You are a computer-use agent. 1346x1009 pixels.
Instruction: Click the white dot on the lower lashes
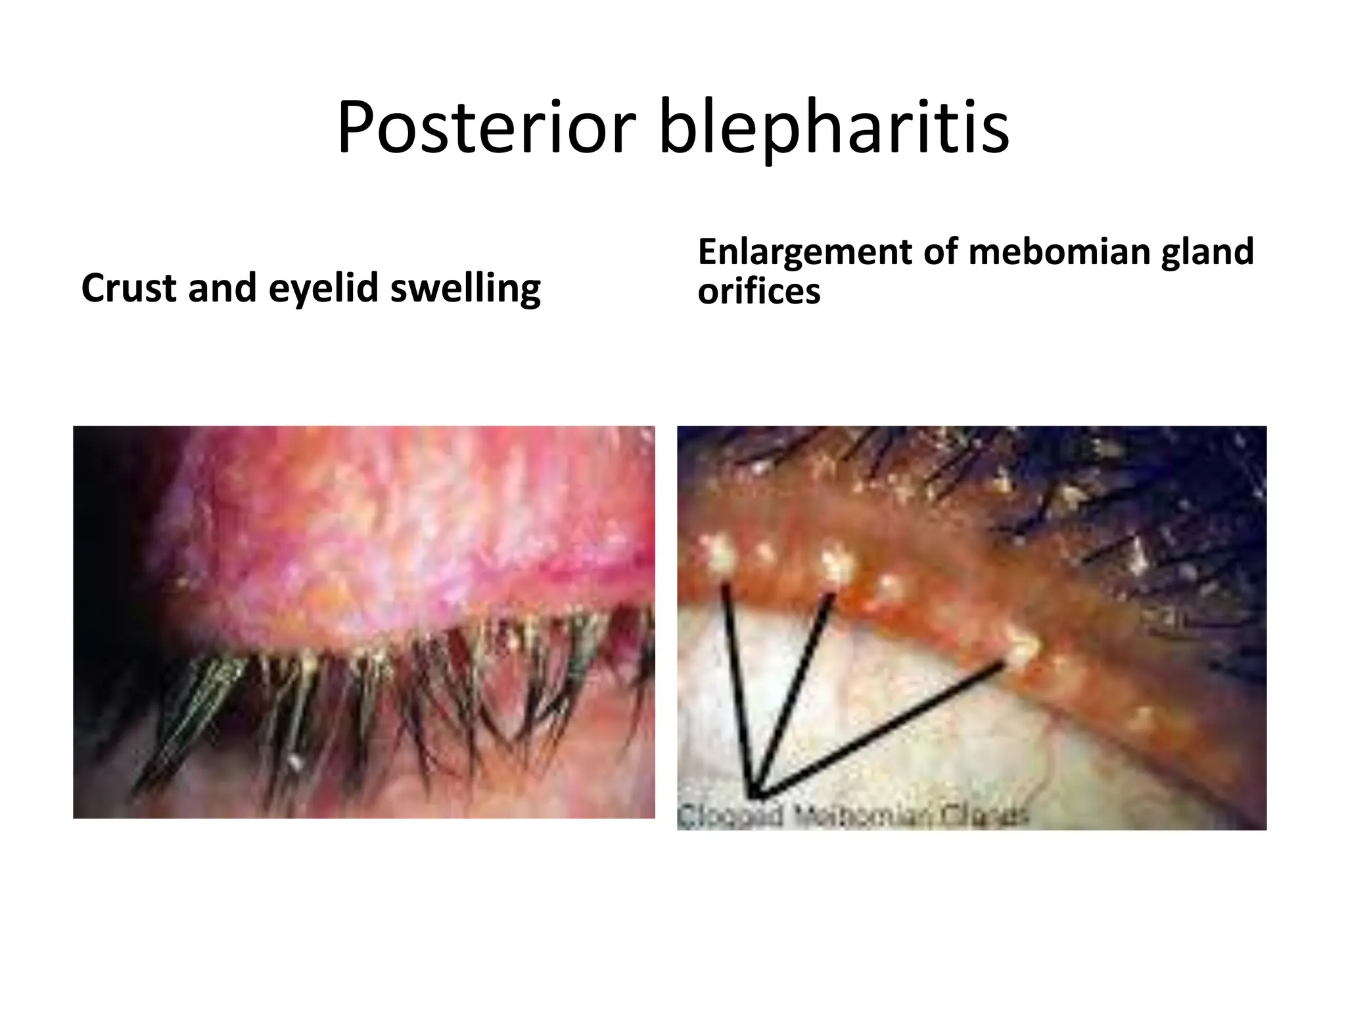point(296,762)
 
